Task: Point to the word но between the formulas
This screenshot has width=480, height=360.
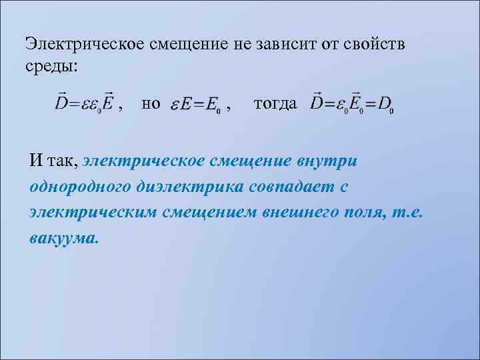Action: pyautogui.click(x=151, y=104)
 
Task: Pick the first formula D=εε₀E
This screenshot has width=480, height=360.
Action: pyautogui.click(x=82, y=104)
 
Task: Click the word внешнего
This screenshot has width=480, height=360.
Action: pyautogui.click(x=308, y=213)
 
